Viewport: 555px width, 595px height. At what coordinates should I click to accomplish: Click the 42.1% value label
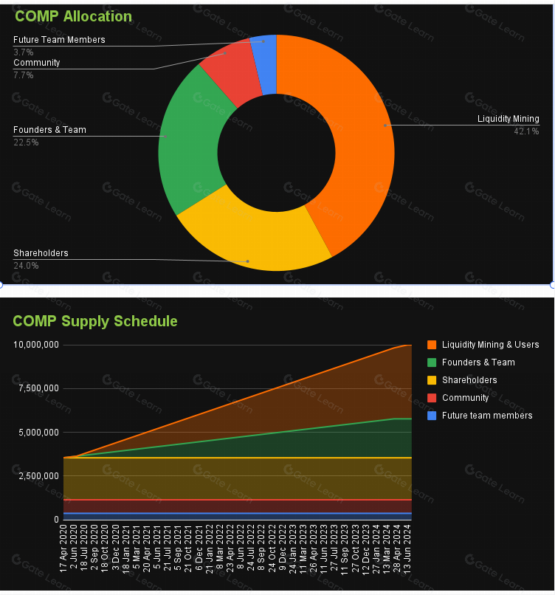pyautogui.click(x=526, y=131)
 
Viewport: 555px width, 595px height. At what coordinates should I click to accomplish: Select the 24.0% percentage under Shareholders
pyautogui.click(x=26, y=266)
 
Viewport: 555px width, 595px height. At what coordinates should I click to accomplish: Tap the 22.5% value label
pyautogui.click(x=26, y=142)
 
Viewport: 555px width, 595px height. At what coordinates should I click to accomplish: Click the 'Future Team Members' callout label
pyautogui.click(x=59, y=40)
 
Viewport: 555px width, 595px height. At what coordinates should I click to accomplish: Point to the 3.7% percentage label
pyautogui.click(x=24, y=52)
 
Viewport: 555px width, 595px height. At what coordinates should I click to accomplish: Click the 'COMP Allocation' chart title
pyautogui.click(x=73, y=16)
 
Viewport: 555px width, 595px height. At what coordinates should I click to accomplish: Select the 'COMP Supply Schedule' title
pyautogui.click(x=95, y=321)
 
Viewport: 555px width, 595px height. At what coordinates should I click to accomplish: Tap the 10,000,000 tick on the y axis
pyautogui.click(x=36, y=345)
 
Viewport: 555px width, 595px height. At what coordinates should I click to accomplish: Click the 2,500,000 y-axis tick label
pyautogui.click(x=38, y=476)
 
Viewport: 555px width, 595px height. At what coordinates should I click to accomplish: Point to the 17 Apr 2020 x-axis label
pyautogui.click(x=63, y=548)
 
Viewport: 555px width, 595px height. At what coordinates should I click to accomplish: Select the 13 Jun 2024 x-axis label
pyautogui.click(x=407, y=549)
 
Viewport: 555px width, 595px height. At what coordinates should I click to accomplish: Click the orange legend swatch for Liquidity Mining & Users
pyautogui.click(x=432, y=345)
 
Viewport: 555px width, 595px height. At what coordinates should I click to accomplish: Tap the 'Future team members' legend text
pyautogui.click(x=487, y=416)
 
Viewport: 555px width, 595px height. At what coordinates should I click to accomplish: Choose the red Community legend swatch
pyautogui.click(x=432, y=398)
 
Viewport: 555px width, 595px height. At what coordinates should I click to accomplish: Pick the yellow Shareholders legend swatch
pyautogui.click(x=432, y=380)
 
